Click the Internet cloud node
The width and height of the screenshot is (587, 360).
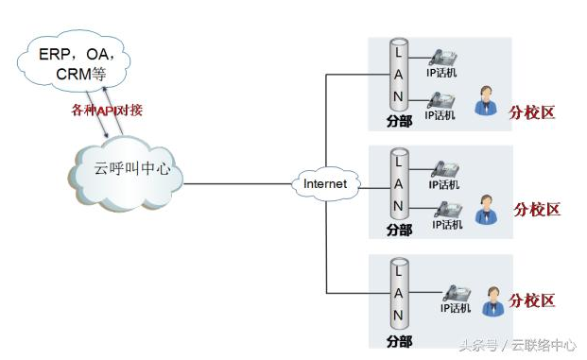325,183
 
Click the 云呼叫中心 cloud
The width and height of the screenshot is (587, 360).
126,173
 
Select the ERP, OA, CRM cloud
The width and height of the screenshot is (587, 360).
74,61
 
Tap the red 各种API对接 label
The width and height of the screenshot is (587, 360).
107,110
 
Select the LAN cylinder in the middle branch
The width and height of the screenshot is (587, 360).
399,183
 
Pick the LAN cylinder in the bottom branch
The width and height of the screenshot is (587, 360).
399,294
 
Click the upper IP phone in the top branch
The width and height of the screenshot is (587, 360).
442,58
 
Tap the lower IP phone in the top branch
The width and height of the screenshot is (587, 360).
441,100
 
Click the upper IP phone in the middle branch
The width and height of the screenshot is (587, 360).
445,169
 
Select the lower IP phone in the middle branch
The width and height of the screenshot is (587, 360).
448,210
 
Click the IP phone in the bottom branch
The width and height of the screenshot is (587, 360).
457,293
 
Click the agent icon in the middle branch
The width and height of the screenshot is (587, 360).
486,210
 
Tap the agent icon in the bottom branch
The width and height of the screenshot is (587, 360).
493,301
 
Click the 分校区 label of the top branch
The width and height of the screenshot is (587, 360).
531,112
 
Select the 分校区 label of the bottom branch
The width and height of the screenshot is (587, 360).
531,300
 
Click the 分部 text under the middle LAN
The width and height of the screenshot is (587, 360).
400,230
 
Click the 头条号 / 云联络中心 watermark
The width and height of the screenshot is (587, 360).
518,345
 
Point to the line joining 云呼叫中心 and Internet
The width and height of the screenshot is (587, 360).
237,183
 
